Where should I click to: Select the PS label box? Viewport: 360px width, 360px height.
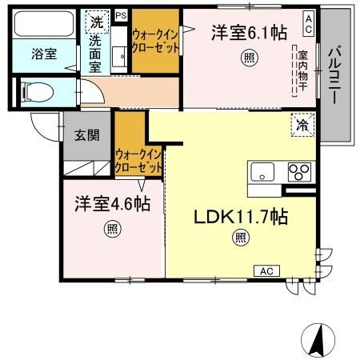pyautogui.click(x=121, y=15)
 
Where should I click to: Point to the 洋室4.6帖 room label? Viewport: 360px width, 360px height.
pyautogui.click(x=113, y=205)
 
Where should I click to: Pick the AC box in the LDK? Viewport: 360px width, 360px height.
pyautogui.click(x=265, y=271)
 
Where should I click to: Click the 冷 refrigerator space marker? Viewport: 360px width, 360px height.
pyautogui.click(x=303, y=126)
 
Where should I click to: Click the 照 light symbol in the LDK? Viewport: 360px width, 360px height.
pyautogui.click(x=239, y=236)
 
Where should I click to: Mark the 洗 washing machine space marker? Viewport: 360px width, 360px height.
pyautogui.click(x=96, y=21)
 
